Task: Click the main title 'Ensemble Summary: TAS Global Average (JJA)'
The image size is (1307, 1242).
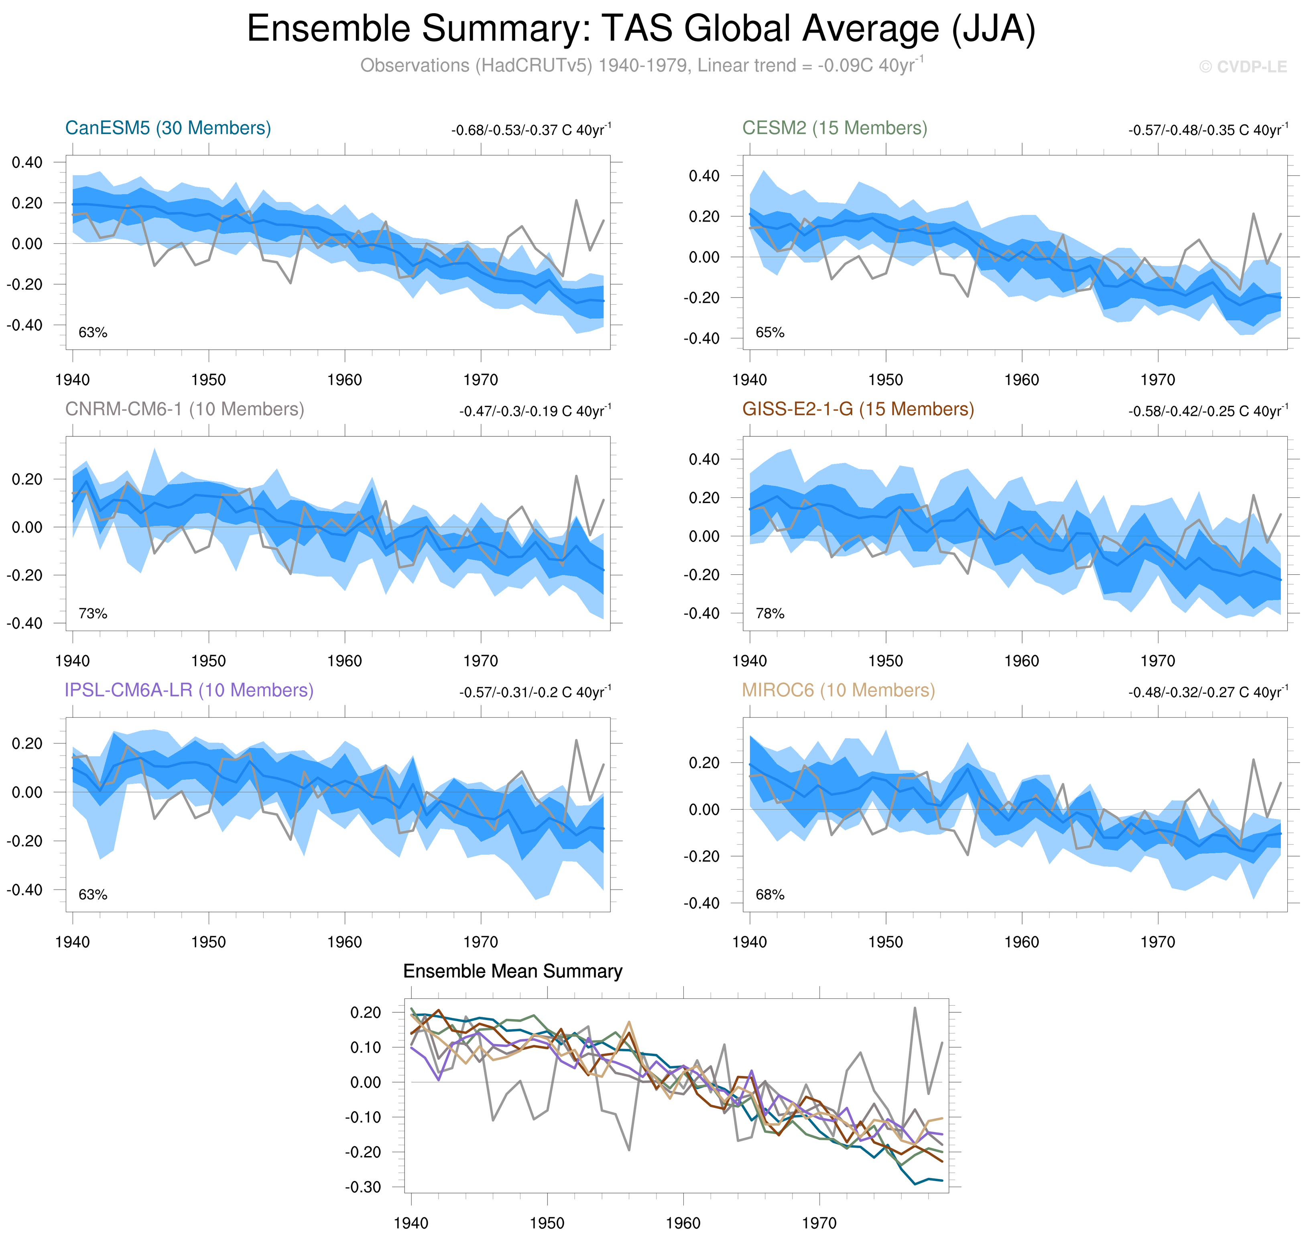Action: (x=640, y=29)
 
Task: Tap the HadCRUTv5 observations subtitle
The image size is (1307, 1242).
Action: (x=640, y=65)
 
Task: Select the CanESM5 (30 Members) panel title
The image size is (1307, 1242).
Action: (x=168, y=128)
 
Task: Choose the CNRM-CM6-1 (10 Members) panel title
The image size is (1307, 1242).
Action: (x=185, y=409)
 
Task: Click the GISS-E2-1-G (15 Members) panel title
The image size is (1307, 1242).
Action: (x=858, y=409)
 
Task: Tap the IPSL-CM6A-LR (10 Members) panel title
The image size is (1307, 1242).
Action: (x=189, y=690)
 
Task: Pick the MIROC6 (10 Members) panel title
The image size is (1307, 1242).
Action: (x=838, y=690)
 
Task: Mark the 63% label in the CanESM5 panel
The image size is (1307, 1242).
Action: (x=93, y=332)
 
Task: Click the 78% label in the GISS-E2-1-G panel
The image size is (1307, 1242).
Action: (x=770, y=614)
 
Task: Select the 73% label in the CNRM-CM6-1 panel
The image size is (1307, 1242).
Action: (x=93, y=614)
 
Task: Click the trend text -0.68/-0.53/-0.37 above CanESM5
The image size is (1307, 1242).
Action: (x=531, y=130)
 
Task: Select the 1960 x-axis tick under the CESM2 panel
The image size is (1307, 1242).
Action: (x=1021, y=380)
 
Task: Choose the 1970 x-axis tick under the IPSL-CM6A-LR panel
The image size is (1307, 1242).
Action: (x=480, y=942)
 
